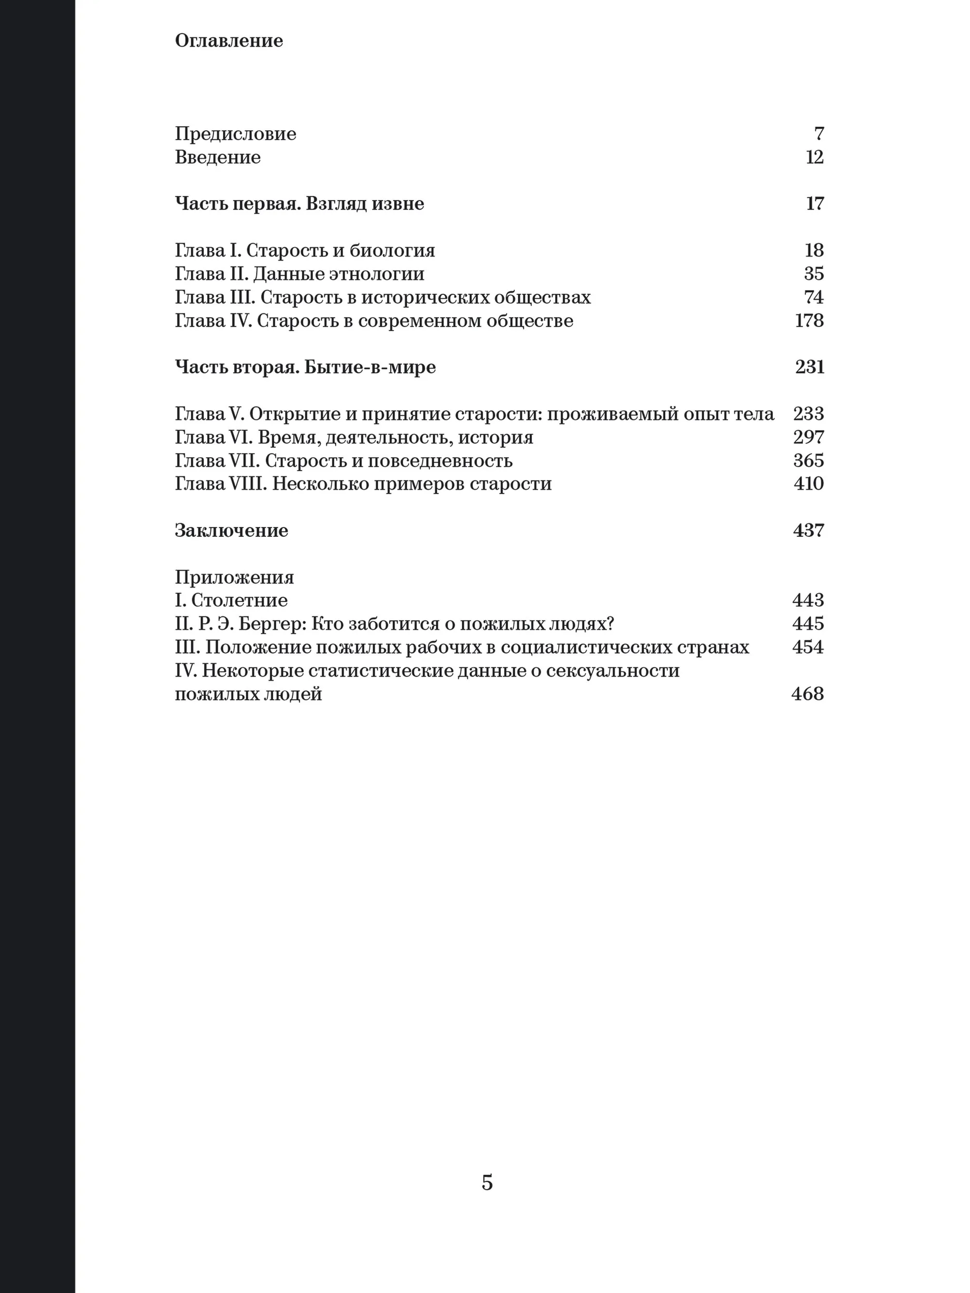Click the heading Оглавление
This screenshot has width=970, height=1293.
(x=229, y=40)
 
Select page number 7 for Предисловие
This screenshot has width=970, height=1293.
(x=818, y=134)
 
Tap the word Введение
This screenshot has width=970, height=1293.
(x=217, y=157)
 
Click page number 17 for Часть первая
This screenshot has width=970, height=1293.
(x=814, y=203)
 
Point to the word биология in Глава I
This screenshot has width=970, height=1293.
(x=392, y=251)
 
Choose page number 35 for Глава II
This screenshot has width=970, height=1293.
(x=813, y=274)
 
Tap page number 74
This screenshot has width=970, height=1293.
(x=813, y=297)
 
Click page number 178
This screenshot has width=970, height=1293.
(x=809, y=320)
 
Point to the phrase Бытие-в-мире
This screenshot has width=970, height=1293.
(x=370, y=367)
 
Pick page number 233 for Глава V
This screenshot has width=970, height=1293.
(x=808, y=414)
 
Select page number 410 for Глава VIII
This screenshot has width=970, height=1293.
(x=808, y=484)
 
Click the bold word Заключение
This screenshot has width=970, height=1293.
(x=232, y=531)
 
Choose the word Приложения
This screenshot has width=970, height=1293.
(x=234, y=578)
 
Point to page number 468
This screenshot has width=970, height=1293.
(x=807, y=694)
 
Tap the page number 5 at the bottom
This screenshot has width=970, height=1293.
(x=487, y=1182)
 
